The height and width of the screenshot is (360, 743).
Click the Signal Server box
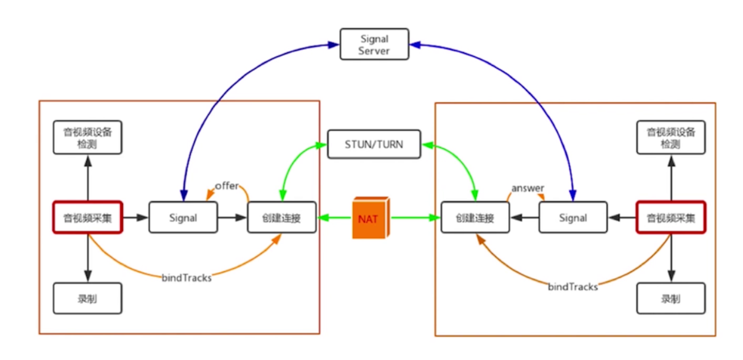[374, 44]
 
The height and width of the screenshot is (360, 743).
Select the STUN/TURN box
[374, 144]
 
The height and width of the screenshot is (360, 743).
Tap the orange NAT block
[371, 218]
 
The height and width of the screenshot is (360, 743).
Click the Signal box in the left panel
[183, 217]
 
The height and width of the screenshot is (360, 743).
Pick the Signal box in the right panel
[573, 217]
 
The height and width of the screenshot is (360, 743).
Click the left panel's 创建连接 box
[281, 217]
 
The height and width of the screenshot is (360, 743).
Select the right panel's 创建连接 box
[475, 217]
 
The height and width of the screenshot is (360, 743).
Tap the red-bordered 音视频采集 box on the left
[87, 217]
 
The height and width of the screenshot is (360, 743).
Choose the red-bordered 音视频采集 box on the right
[671, 217]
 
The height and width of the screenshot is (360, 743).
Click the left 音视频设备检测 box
[87, 137]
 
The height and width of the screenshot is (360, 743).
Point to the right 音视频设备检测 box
[671, 137]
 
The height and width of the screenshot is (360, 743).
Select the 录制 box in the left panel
[87, 298]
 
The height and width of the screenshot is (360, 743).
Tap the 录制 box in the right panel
[671, 298]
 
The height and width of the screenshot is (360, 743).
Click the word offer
[227, 186]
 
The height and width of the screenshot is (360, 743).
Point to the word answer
[528, 188]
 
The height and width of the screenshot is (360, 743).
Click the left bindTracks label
[187, 278]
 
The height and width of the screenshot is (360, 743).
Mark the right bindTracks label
[573, 287]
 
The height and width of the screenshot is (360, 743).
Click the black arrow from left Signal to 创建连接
[233, 217]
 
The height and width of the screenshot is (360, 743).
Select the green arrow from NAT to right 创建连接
[416, 218]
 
